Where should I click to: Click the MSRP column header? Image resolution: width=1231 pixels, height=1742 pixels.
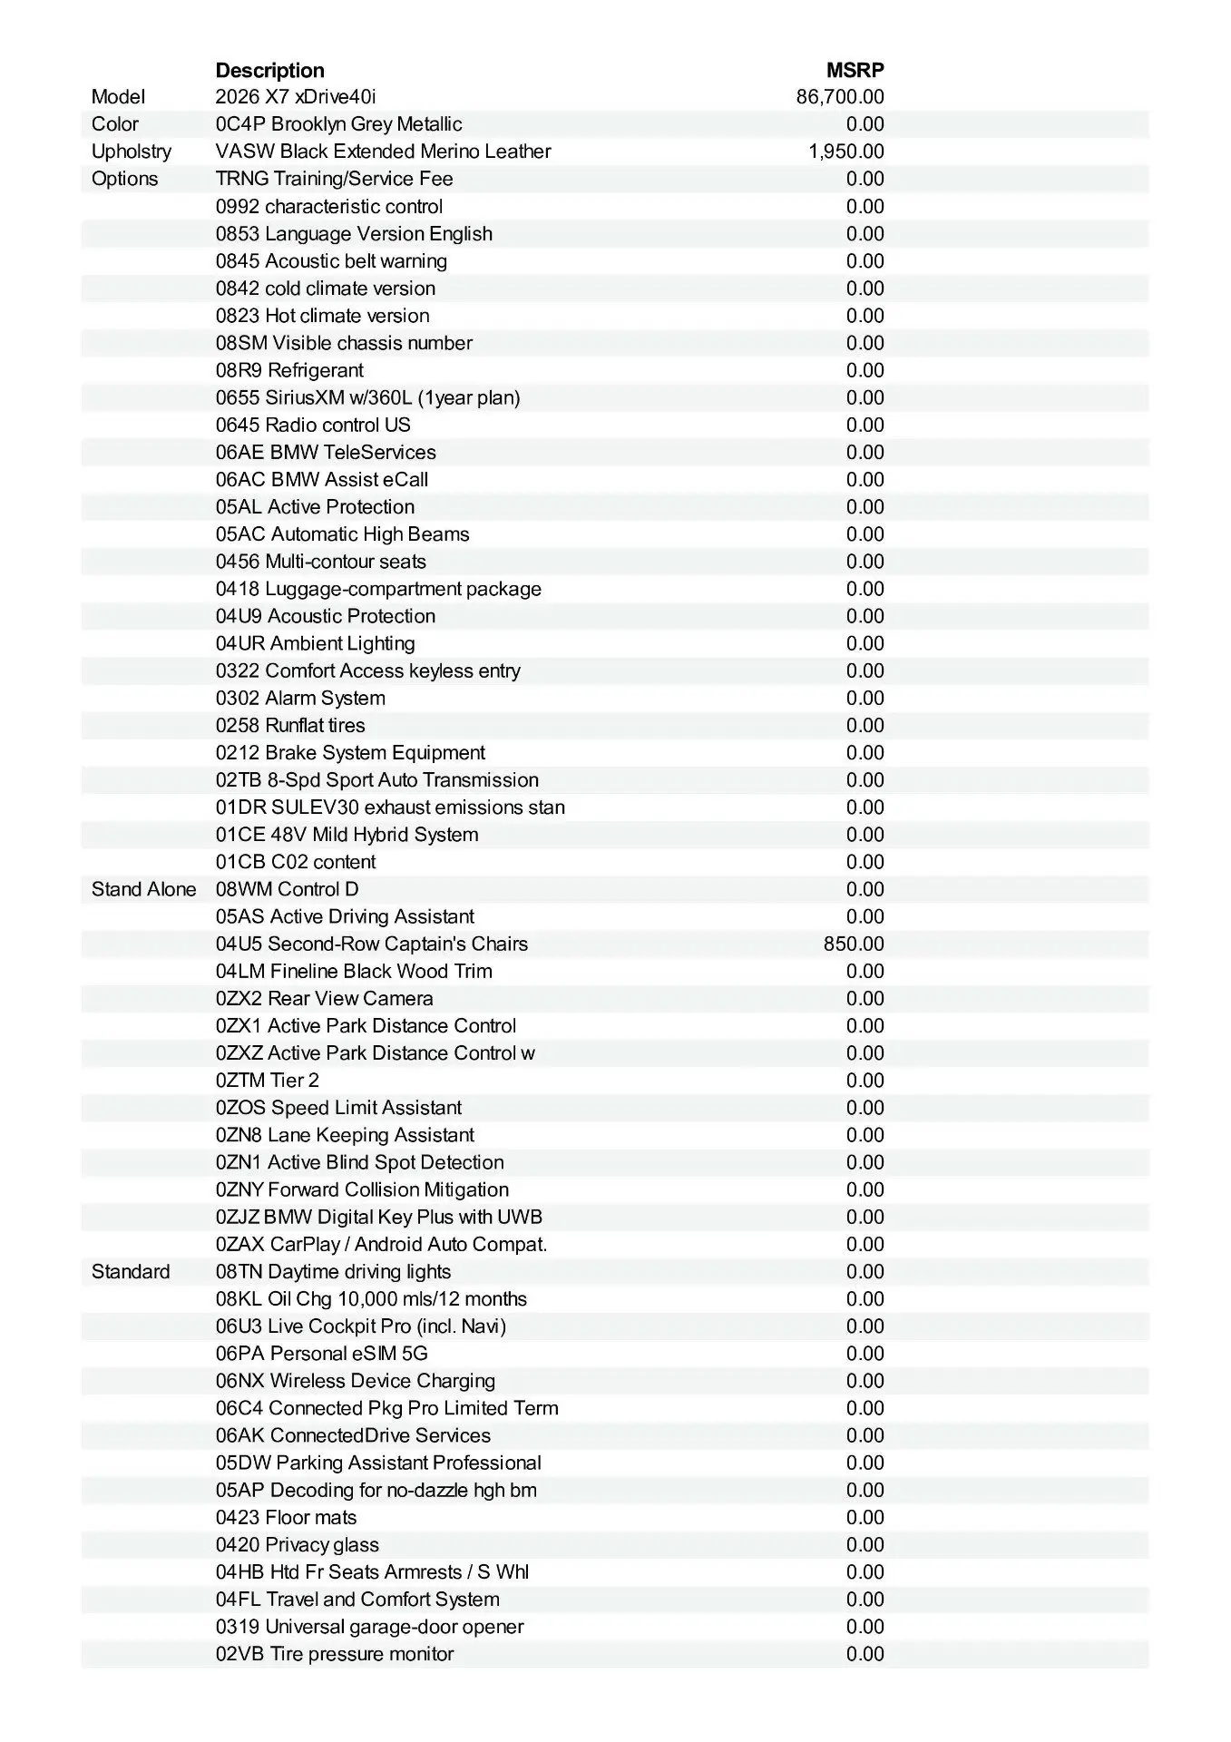point(855,70)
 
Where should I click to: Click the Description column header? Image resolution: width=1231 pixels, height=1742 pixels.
point(269,70)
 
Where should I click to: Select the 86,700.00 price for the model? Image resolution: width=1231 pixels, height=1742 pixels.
point(839,97)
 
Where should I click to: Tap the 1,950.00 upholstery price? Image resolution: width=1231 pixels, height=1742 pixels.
point(845,152)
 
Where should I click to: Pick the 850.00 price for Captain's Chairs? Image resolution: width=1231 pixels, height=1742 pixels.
point(853,944)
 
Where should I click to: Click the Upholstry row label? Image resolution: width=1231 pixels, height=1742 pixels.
point(131,152)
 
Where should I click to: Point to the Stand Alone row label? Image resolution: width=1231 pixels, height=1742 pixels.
point(143,889)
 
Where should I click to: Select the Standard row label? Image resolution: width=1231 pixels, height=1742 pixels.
point(130,1271)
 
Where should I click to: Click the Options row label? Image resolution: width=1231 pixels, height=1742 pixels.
point(124,179)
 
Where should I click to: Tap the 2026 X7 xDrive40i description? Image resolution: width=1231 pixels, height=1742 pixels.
point(295,97)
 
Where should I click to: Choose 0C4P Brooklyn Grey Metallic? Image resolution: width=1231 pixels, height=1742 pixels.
point(338,124)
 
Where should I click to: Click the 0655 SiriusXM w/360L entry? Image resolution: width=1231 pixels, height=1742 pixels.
point(367,397)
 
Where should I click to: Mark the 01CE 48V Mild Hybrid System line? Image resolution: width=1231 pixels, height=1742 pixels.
point(347,835)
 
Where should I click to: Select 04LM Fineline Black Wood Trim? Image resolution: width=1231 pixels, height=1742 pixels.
point(354,971)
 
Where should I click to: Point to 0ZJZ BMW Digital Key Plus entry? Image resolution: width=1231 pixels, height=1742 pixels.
point(378,1217)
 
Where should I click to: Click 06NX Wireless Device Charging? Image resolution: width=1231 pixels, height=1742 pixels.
point(355,1381)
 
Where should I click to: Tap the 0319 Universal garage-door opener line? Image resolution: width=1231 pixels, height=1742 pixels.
point(369,1627)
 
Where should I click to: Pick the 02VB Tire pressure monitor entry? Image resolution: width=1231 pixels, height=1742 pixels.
point(334,1654)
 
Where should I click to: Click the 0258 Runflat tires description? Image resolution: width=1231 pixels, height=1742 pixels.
point(290,725)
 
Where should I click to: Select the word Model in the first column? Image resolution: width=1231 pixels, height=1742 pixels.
point(118,97)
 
